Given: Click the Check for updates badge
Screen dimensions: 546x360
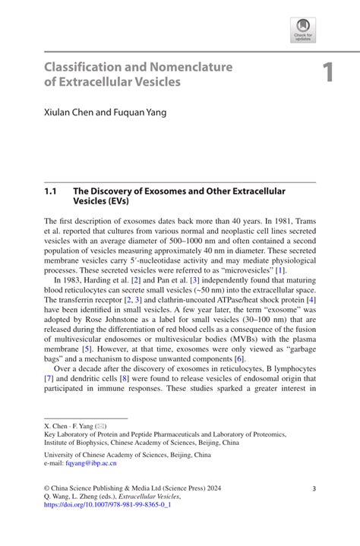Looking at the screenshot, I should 302,30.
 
